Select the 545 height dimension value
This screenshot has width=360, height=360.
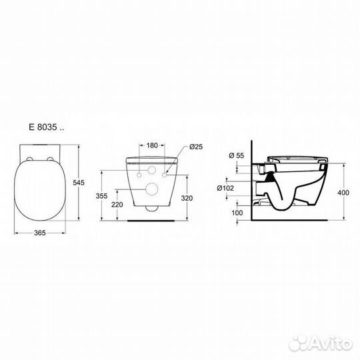point(79,183)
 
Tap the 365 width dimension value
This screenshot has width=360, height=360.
point(40,233)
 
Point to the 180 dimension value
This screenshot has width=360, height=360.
point(152,145)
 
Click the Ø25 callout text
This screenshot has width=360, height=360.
point(196,147)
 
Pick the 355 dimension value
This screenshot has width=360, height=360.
point(101,196)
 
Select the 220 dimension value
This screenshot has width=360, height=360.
point(117,205)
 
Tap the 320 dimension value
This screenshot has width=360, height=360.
point(187,198)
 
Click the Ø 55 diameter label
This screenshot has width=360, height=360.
point(237,155)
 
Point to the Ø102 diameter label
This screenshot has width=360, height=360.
point(225,188)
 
